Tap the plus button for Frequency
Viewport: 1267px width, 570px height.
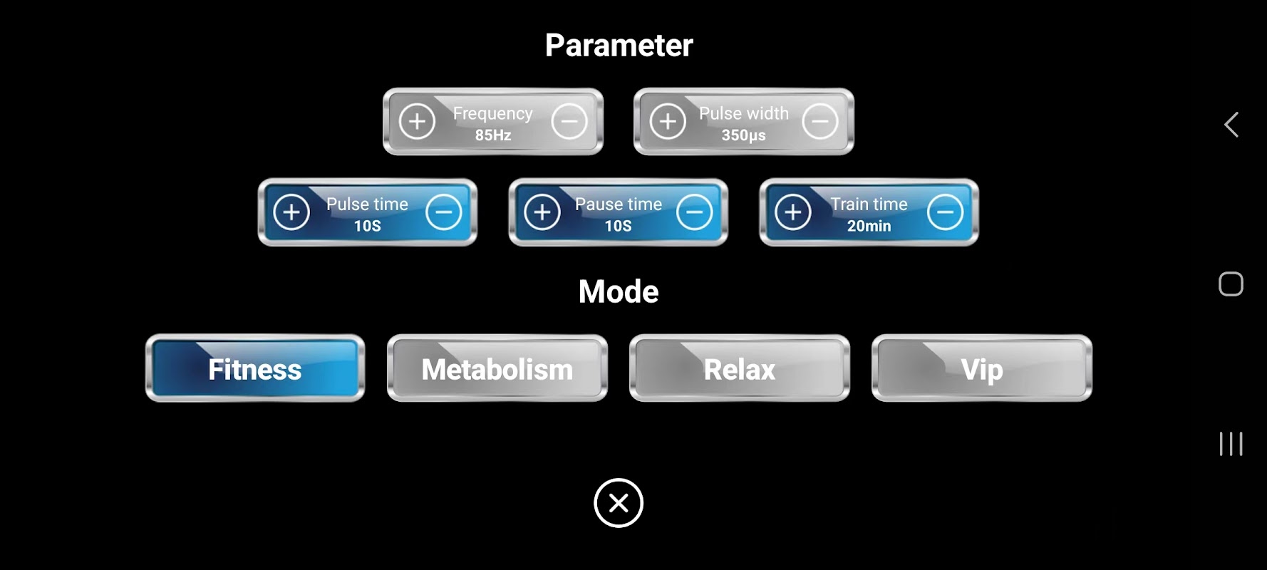click(x=417, y=121)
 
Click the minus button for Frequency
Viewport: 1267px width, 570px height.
click(x=569, y=121)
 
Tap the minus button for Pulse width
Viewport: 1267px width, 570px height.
click(x=819, y=121)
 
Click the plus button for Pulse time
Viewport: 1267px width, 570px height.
click(x=291, y=212)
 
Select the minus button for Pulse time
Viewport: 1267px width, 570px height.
click(x=443, y=212)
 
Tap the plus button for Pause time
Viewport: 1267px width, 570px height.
click(x=542, y=212)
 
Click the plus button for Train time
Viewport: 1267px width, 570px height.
click(x=793, y=212)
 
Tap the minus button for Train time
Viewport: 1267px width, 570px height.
click(x=945, y=212)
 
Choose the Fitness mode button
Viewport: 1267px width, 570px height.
click(x=255, y=368)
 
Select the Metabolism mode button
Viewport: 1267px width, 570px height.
click(x=497, y=368)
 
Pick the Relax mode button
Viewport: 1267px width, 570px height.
click(x=740, y=368)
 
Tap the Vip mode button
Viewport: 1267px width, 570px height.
click(x=982, y=368)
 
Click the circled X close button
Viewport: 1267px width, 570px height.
click(x=619, y=503)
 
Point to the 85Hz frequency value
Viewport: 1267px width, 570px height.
click(x=493, y=135)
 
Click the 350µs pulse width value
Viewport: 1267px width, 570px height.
click(x=743, y=135)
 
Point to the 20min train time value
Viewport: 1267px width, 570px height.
click(x=869, y=226)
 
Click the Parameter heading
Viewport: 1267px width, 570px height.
click(x=619, y=46)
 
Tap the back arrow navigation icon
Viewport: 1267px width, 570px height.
click(x=1231, y=125)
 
